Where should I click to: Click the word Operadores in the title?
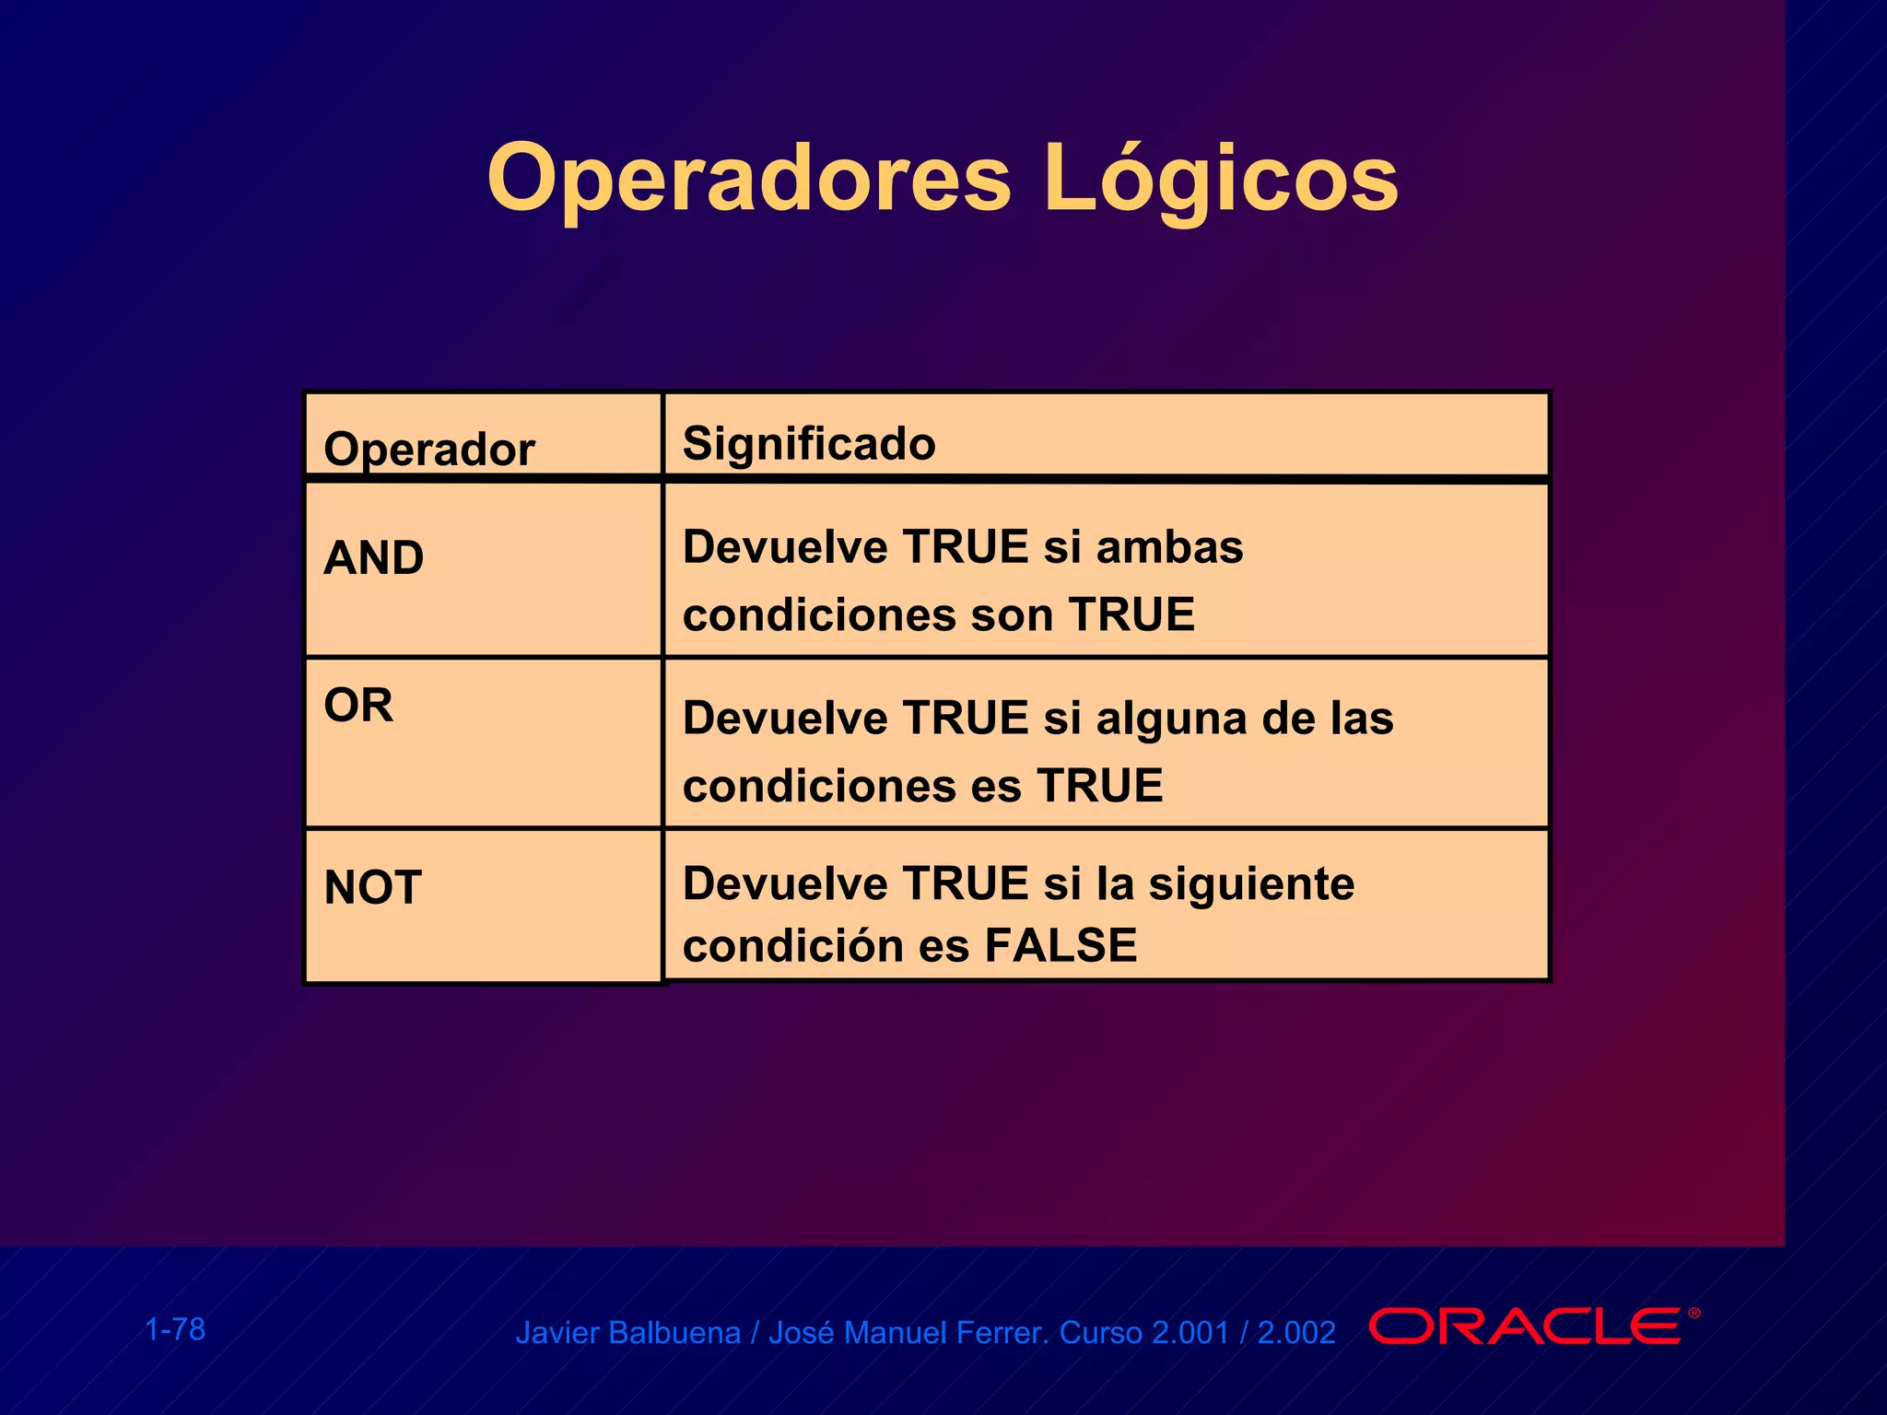(x=749, y=178)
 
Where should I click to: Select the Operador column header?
(x=429, y=450)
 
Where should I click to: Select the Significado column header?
(x=809, y=443)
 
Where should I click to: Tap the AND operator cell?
(x=374, y=557)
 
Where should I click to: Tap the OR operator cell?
(x=358, y=706)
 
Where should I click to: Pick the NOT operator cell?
(x=373, y=887)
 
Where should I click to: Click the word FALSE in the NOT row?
(x=1061, y=945)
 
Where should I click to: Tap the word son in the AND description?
(x=1012, y=614)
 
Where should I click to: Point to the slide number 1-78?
(x=175, y=1329)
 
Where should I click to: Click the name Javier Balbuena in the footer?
(x=627, y=1333)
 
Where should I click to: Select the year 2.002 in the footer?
(x=1296, y=1333)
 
